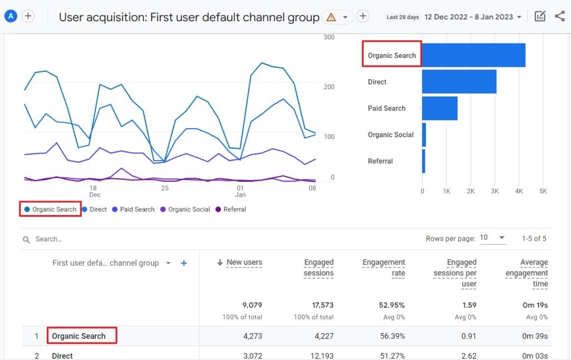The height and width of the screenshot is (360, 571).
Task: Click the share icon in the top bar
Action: [x=559, y=16]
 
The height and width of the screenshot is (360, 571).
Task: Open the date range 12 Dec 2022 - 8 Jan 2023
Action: [x=473, y=17]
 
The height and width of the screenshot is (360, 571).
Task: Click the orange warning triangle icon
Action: [x=331, y=17]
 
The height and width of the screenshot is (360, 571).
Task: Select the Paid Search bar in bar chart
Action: [x=439, y=108]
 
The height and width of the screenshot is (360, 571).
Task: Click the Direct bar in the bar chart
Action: [x=459, y=82]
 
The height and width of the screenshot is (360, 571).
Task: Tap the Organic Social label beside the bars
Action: [x=390, y=135]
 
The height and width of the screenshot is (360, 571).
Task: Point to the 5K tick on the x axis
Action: [x=543, y=191]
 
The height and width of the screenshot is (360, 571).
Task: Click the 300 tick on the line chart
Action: [x=329, y=37]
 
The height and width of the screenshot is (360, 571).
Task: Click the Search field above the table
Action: [x=112, y=239]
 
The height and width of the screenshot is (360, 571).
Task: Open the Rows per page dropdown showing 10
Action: [x=493, y=238]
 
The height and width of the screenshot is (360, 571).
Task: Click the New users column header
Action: [x=244, y=262]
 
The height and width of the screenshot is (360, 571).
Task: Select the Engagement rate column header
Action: [x=384, y=267]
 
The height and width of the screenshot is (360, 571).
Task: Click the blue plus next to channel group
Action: [x=184, y=263]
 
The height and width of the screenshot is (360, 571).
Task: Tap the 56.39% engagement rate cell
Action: [x=393, y=336]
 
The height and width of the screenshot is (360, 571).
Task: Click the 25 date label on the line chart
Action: [x=164, y=188]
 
